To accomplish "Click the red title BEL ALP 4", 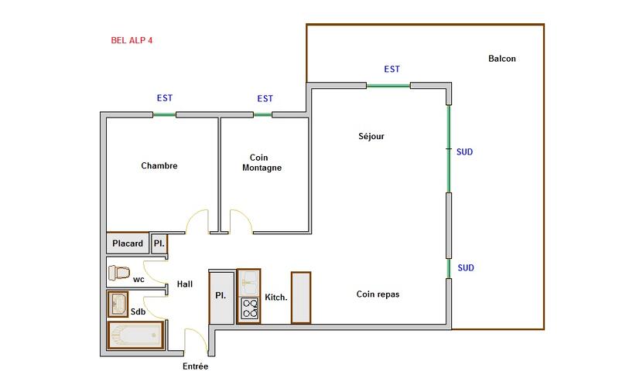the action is (132, 40).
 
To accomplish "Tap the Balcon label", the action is (501, 59).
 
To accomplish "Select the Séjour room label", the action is (371, 136).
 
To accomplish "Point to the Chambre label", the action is (159, 165).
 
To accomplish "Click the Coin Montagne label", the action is (262, 162).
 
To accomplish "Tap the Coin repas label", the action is (378, 294).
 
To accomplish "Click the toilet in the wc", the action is (119, 272).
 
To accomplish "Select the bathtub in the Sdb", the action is (135, 335).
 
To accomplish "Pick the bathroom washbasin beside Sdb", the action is (118, 304).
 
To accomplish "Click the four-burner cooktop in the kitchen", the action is (249, 308).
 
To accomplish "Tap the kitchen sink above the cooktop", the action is (248, 282).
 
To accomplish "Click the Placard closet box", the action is (128, 243).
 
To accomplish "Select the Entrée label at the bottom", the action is (196, 366).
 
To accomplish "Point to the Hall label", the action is (185, 284).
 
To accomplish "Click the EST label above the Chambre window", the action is (165, 98).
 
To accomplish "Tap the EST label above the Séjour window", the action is (392, 70).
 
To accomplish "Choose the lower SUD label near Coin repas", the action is (466, 268).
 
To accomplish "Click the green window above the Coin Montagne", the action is (262, 115).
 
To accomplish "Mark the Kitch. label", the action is (276, 298).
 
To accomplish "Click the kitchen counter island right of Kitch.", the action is (301, 298).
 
